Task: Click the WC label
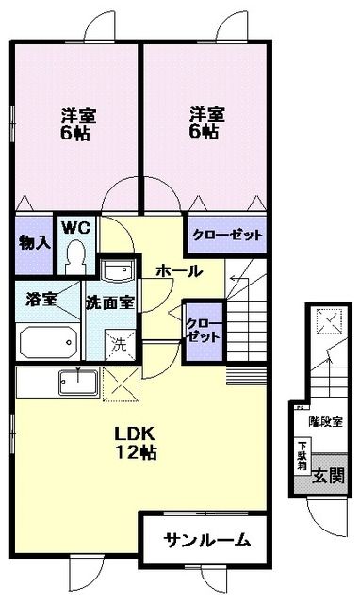75,227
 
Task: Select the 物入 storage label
33,242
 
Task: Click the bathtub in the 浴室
48,339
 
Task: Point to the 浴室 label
42,301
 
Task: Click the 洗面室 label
110,302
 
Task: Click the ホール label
177,271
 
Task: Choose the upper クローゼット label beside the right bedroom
227,235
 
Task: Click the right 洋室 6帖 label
206,123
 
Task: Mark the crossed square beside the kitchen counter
124,383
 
